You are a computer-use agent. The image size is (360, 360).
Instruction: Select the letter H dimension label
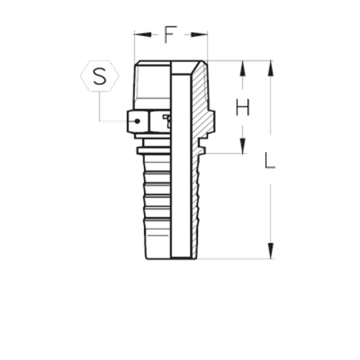(242, 106)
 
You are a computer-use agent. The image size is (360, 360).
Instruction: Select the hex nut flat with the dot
(138, 120)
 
